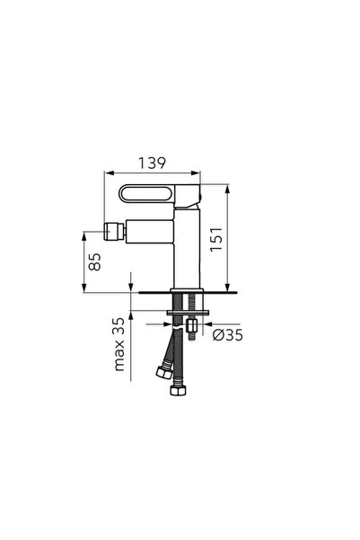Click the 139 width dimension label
152,163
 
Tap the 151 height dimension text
217,239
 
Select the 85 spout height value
94,261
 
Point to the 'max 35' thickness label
119,344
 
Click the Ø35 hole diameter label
227,335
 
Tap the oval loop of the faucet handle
146,193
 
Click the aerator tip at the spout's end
114,232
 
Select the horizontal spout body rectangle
149,232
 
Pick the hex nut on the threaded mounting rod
191,325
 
